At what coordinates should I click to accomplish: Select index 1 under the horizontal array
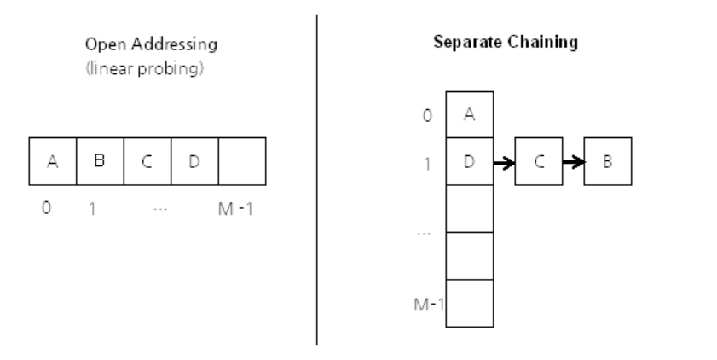92,207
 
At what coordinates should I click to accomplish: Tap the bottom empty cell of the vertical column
470,303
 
